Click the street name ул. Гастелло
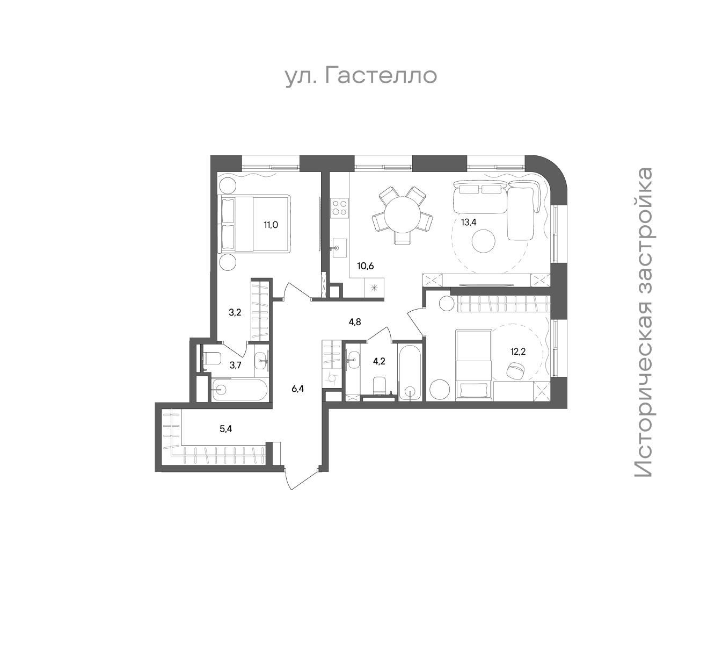click(361, 76)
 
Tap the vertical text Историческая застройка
click(643, 321)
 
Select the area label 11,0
click(271, 225)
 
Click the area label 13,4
click(469, 223)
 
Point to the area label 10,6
click(366, 266)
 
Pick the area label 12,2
click(518, 352)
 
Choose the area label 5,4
click(225, 429)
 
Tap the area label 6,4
click(297, 389)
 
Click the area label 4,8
click(355, 322)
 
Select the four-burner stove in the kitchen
click(339, 208)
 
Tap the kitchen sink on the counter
click(339, 248)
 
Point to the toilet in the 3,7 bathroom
click(212, 358)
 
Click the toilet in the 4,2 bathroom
click(379, 385)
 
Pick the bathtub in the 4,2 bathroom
click(410, 372)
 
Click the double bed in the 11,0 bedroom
click(256, 224)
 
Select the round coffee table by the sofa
click(483, 241)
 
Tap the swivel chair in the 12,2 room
click(516, 370)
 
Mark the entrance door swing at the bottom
click(300, 478)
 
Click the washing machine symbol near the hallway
click(332, 377)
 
